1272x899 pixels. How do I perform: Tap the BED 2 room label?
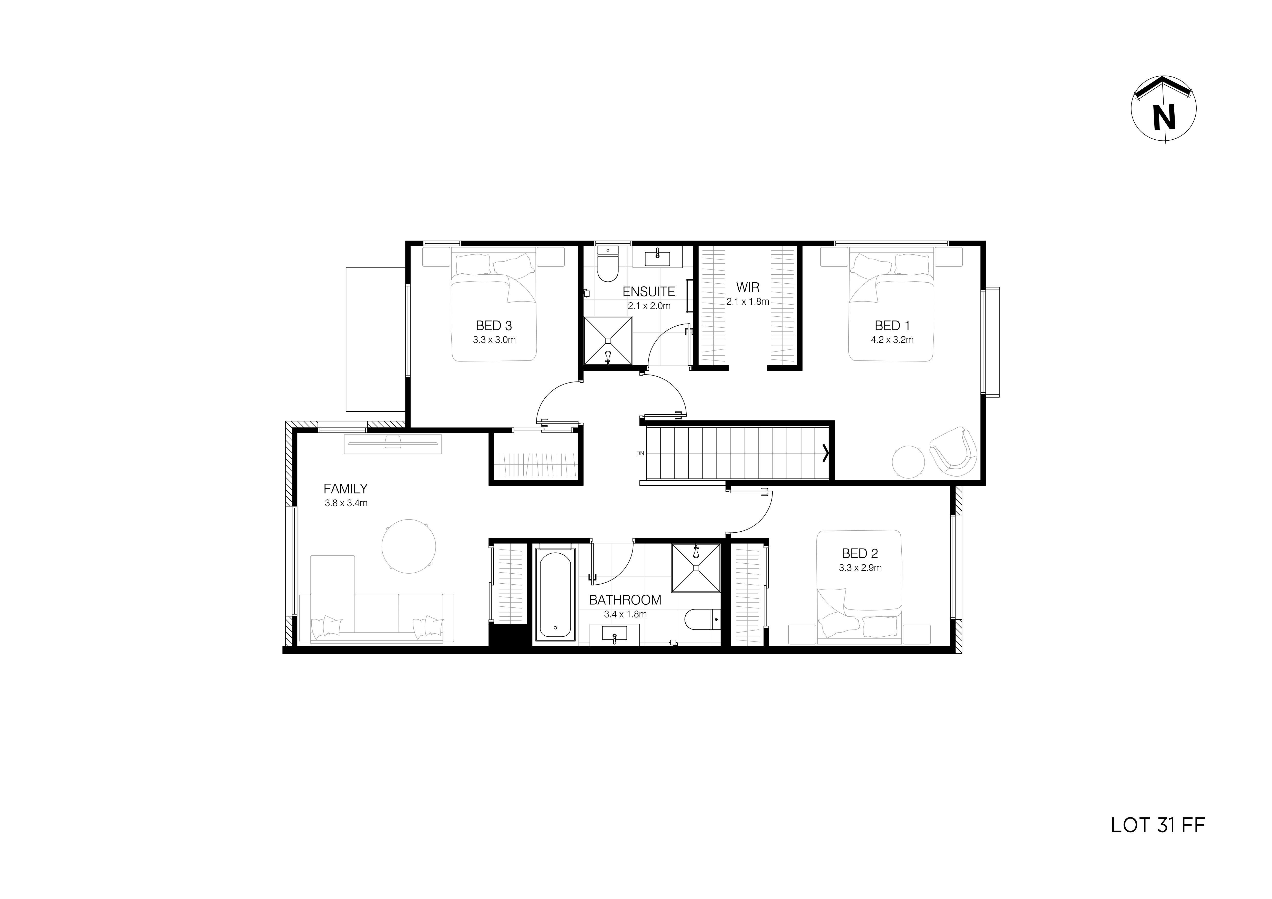coord(860,553)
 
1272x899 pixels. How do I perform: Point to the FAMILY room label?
coord(345,489)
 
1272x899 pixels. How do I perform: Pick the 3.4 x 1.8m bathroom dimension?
coord(625,614)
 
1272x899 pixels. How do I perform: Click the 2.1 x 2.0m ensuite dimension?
coord(649,306)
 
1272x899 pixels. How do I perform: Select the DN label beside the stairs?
coord(640,453)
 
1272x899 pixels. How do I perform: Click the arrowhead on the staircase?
coord(827,453)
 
